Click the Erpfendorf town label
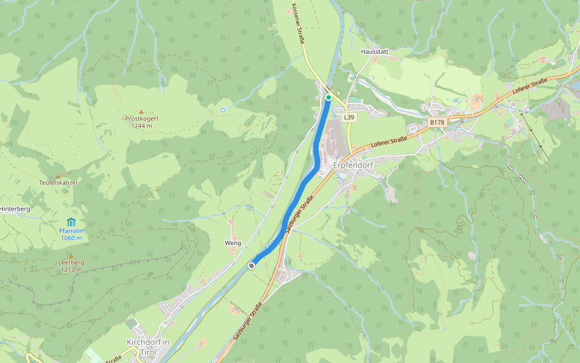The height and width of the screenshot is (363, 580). click(353, 165)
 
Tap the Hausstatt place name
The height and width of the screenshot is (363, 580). click(374, 52)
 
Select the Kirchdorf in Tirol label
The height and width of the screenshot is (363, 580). click(148, 347)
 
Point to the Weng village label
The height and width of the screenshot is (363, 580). click(233, 243)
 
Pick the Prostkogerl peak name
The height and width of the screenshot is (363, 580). click(141, 119)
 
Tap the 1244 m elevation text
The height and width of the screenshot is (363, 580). click(141, 126)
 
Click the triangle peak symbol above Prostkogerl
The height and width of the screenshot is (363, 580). click(141, 111)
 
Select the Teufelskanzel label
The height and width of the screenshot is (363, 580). click(58, 182)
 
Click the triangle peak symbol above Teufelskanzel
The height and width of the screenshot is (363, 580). click(58, 175)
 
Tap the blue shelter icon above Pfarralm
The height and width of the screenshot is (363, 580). click(71, 221)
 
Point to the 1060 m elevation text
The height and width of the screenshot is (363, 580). click(71, 238)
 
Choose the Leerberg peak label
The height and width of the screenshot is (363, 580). click(71, 263)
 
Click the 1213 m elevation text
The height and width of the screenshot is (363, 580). click(71, 270)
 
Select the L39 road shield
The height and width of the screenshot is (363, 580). click(348, 117)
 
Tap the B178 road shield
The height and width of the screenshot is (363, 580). click(437, 122)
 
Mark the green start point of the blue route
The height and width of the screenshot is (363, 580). click(328, 97)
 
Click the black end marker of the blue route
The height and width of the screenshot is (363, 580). click(251, 265)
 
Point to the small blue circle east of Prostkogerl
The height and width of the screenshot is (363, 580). click(223, 110)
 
